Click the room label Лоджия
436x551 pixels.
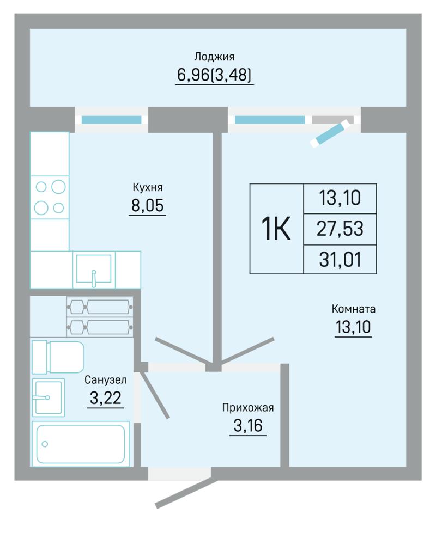[x=214, y=57]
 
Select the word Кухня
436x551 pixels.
[x=147, y=187]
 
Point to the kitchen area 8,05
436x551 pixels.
[x=147, y=205]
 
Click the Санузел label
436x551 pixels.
[x=106, y=380]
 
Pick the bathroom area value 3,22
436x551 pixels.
[x=106, y=398]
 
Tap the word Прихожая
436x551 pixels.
[x=248, y=408]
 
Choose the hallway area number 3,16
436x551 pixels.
[x=248, y=426]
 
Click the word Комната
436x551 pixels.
[x=353, y=309]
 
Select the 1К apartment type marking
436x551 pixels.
[x=276, y=229]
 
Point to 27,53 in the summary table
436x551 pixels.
[x=340, y=229]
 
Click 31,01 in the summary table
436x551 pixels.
[x=340, y=260]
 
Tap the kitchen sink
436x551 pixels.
[x=94, y=270]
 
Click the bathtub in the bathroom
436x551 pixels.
[x=81, y=444]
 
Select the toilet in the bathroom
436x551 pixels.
[x=58, y=357]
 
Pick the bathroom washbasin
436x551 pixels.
[x=48, y=397]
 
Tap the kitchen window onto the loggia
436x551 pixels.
[x=112, y=120]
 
